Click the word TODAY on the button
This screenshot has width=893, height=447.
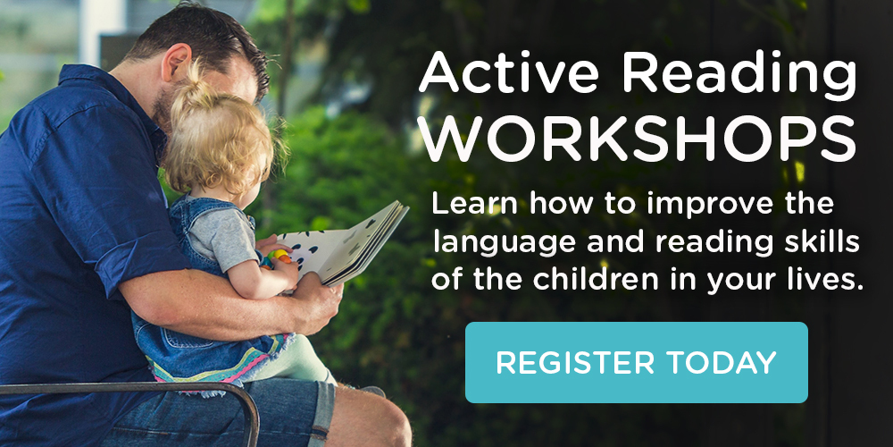pyautogui.click(x=722, y=363)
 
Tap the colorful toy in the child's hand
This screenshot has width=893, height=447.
pyautogui.click(x=277, y=257)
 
